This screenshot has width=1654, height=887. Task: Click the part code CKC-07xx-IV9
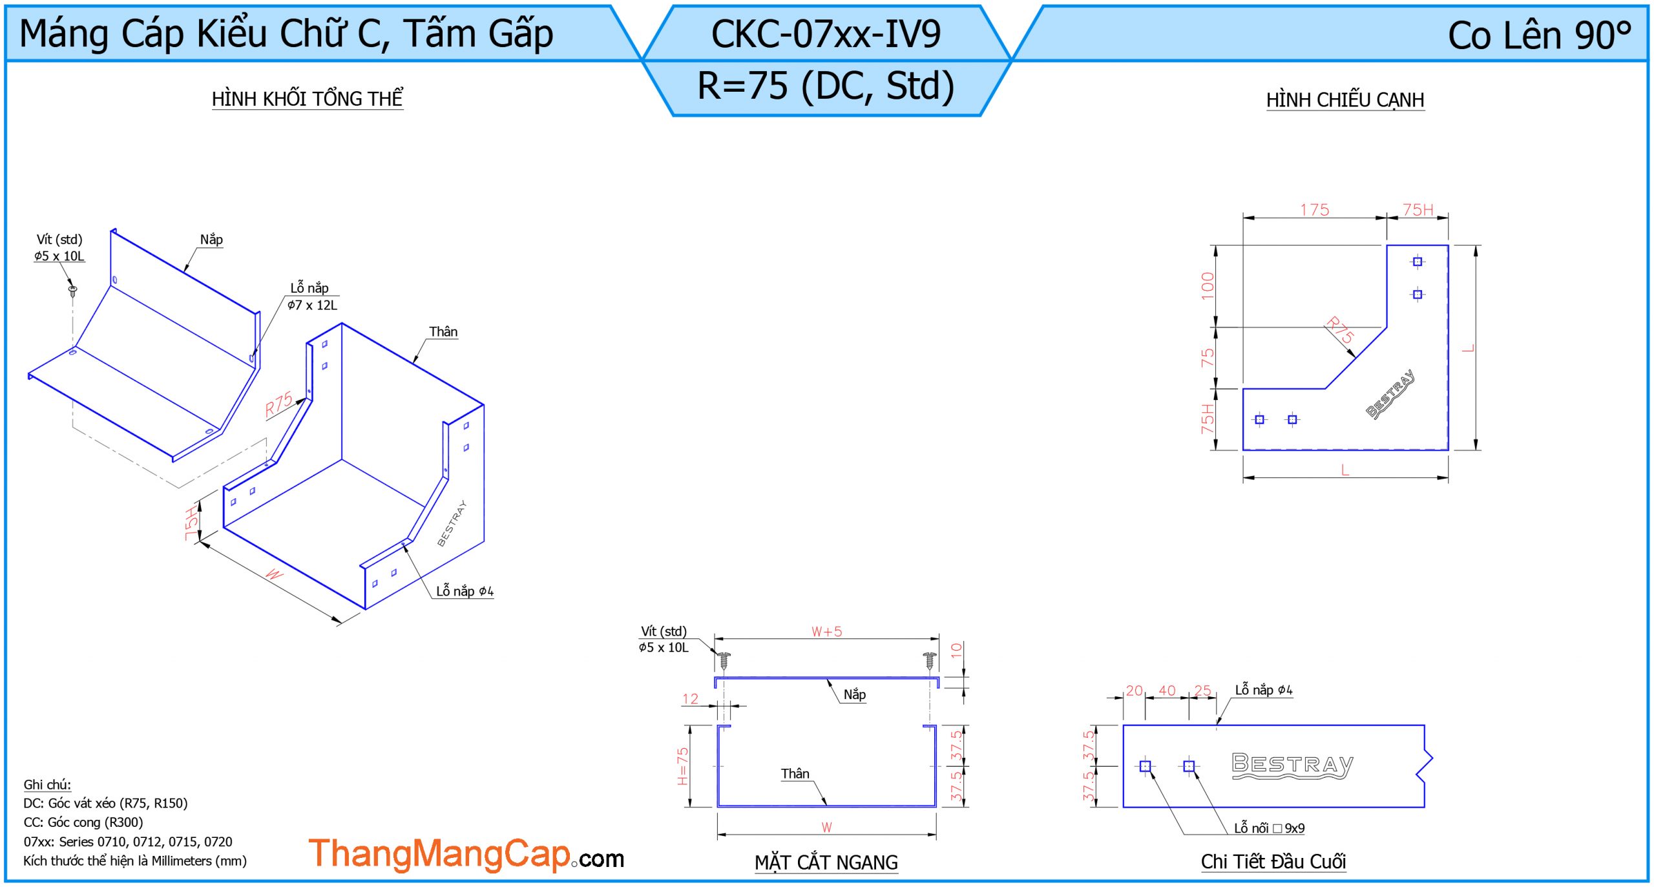click(x=826, y=34)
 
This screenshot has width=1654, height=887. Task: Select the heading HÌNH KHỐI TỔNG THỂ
click(x=308, y=99)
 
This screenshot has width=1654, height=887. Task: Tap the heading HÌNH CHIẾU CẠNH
click(x=1345, y=100)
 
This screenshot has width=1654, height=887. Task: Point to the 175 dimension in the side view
click(x=1314, y=210)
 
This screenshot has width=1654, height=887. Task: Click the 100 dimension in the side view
click(x=1207, y=286)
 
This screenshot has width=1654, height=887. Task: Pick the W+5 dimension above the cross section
click(x=827, y=631)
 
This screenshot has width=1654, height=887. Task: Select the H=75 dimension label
click(x=683, y=766)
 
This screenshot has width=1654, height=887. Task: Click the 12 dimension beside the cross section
click(x=690, y=698)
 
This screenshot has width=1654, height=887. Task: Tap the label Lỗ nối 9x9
click(x=1269, y=828)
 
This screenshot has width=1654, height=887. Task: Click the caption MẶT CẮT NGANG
click(x=826, y=862)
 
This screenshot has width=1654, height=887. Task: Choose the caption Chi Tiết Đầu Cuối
click(x=1273, y=861)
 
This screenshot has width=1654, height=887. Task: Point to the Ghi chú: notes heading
click(x=47, y=784)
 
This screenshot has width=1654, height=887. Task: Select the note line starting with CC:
click(x=83, y=822)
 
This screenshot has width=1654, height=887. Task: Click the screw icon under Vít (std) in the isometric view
click(x=73, y=290)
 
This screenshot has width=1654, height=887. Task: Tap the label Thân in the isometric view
click(x=443, y=331)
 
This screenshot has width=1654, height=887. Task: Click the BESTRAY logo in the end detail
click(x=1292, y=766)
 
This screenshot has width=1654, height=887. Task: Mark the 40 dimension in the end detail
click(x=1167, y=690)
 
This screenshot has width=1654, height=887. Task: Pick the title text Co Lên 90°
click(x=1540, y=35)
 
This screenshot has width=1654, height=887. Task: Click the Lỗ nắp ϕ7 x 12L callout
click(x=313, y=297)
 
